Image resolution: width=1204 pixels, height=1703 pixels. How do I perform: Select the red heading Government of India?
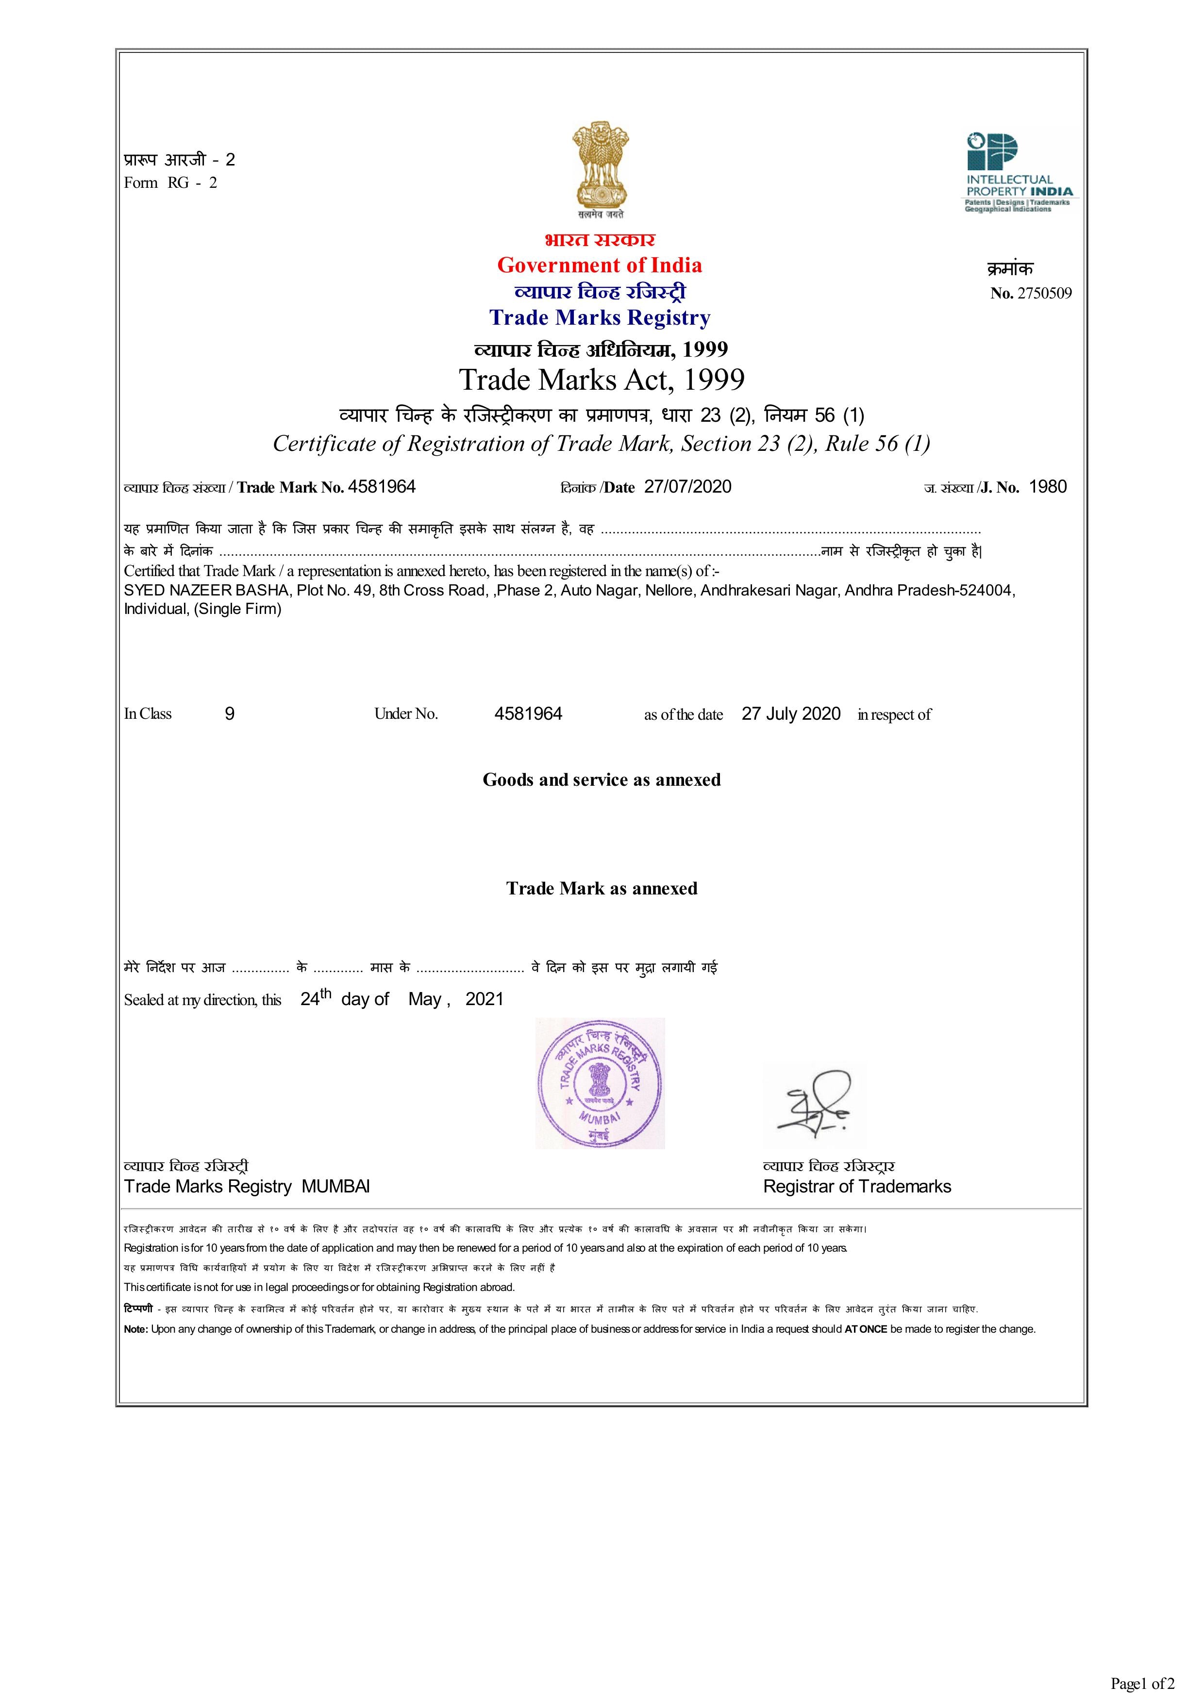tap(600, 265)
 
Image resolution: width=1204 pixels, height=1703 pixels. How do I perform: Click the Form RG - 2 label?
tap(170, 182)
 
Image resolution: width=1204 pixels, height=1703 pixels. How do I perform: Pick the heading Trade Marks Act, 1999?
tap(602, 379)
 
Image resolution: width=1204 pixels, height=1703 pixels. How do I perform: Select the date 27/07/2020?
tap(687, 487)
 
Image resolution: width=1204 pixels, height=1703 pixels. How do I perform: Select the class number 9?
tap(230, 713)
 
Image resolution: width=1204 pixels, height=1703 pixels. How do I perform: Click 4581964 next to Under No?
tap(528, 713)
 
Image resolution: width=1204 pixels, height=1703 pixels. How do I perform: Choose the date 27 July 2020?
tap(791, 713)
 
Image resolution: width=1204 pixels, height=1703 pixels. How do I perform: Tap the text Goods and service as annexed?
tap(602, 779)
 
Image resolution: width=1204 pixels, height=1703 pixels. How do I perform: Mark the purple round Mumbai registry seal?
tap(600, 1084)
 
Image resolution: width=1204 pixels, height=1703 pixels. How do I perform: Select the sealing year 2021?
tap(485, 999)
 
